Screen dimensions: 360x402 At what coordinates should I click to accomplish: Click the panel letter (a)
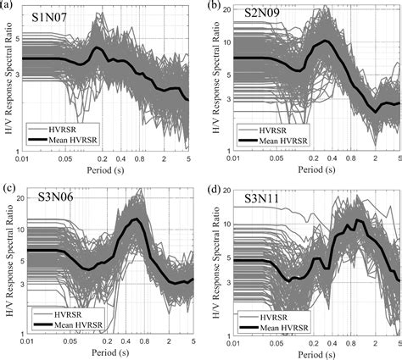[8, 6]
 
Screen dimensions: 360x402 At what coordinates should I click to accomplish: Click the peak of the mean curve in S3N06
[134, 220]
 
